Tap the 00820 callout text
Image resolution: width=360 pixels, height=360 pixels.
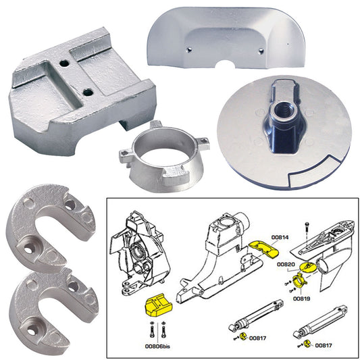[x=286, y=265]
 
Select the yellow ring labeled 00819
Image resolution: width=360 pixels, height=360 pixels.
[x=299, y=280]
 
